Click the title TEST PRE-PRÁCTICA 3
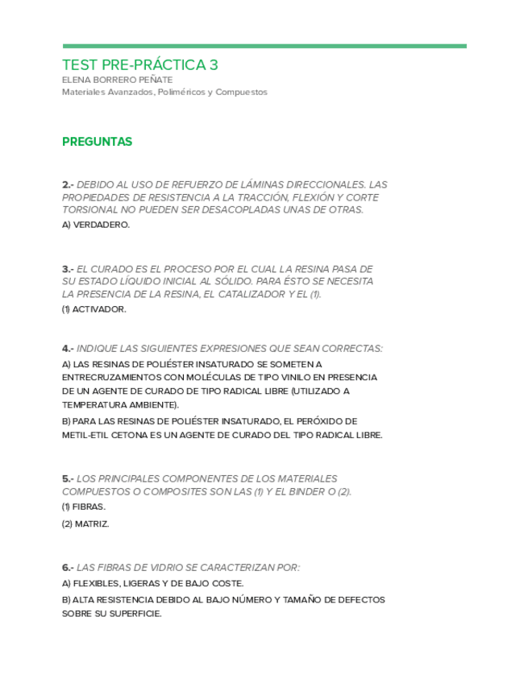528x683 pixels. coord(140,64)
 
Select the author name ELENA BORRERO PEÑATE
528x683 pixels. coord(117,80)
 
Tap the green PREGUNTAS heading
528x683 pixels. coord(97,142)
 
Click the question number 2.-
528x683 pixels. coord(68,184)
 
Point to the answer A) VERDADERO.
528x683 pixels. coord(95,225)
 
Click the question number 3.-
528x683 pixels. coord(68,268)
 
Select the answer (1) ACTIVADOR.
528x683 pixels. coord(94,308)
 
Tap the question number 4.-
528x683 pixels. coord(68,349)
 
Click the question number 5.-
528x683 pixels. coord(68,478)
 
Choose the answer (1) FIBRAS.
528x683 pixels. coord(83,507)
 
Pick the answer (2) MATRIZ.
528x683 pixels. coord(85,524)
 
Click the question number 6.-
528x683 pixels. coord(68,567)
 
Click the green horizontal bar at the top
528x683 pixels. coord(264,46)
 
